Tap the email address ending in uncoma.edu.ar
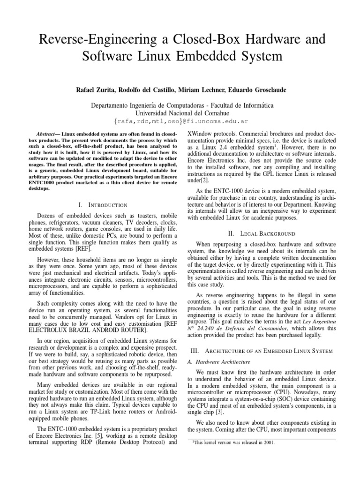point(180,121)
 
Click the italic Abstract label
point(46,134)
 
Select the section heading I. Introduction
point(104,205)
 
